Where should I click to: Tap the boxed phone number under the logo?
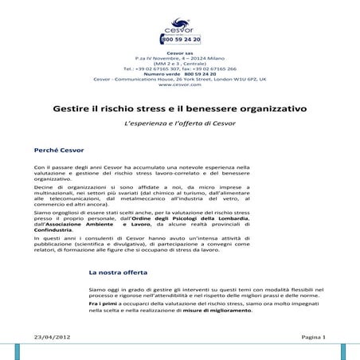[179, 38]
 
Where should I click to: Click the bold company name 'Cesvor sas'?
[179, 53]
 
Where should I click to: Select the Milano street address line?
[179, 59]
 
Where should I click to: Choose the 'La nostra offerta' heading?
[121, 272]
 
